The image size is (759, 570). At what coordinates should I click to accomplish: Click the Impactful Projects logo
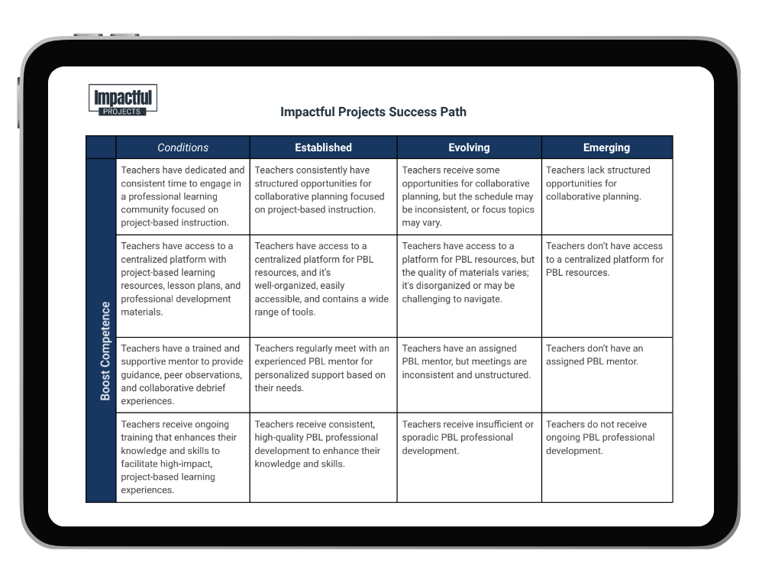[x=123, y=100]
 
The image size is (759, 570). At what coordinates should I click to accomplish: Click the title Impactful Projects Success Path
[x=373, y=112]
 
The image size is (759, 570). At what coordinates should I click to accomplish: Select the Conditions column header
[x=182, y=147]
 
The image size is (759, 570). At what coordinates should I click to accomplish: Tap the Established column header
[x=323, y=147]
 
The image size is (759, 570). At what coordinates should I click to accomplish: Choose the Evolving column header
[x=469, y=147]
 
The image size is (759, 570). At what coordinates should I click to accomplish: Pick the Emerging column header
[x=606, y=147]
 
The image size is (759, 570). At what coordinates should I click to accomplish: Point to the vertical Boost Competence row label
[x=105, y=351]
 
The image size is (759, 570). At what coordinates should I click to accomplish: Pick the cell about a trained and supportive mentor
[x=182, y=374]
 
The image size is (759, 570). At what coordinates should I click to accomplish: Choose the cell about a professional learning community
[x=182, y=196]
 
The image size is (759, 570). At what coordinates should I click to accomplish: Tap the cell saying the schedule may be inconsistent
[x=468, y=196]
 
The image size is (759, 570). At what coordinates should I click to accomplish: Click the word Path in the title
[x=451, y=112]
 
